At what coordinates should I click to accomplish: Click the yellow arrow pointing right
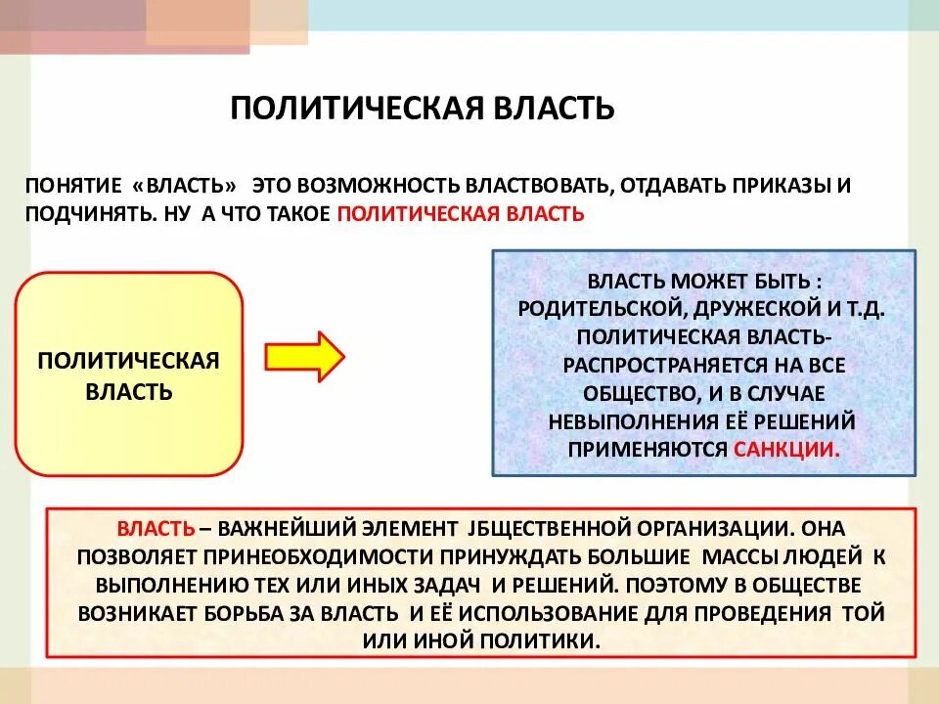(304, 356)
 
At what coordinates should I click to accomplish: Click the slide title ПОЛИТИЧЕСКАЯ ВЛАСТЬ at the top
(422, 108)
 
